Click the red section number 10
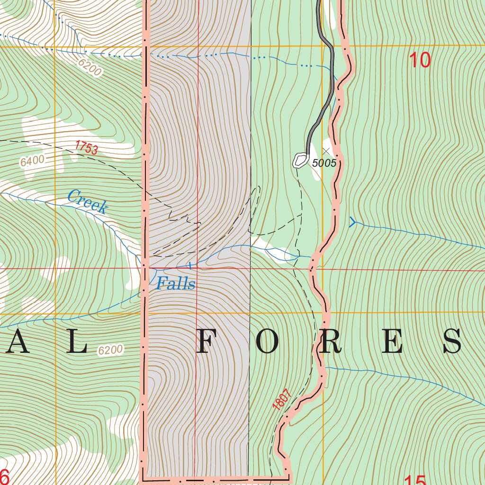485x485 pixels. [420, 60]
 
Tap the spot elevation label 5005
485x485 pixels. [324, 163]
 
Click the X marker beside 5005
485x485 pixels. [326, 151]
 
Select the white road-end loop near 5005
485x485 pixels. [299, 161]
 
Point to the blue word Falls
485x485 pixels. [176, 284]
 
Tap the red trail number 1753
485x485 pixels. [86, 148]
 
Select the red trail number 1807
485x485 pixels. [280, 399]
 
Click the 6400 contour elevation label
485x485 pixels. [32, 161]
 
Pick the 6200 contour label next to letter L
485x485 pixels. [110, 350]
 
